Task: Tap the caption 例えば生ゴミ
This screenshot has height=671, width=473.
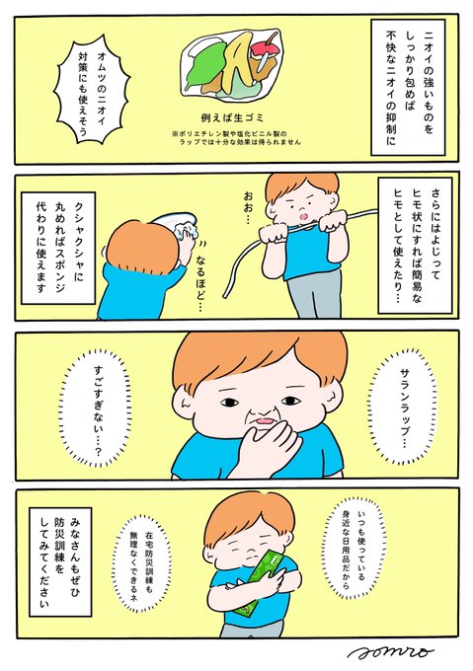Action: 232,117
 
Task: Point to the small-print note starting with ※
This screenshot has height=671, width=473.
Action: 237,138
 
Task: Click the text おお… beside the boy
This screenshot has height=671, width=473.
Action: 248,208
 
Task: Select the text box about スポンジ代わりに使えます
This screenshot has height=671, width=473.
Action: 58,248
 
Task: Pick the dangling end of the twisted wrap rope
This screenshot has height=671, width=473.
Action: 225,295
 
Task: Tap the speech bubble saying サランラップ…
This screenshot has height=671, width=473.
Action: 404,407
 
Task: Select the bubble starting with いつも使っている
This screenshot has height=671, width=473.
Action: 355,549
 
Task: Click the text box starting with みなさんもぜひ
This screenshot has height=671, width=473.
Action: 60,561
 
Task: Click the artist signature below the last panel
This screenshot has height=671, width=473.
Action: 390,652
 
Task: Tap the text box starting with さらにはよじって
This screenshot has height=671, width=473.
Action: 415,245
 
